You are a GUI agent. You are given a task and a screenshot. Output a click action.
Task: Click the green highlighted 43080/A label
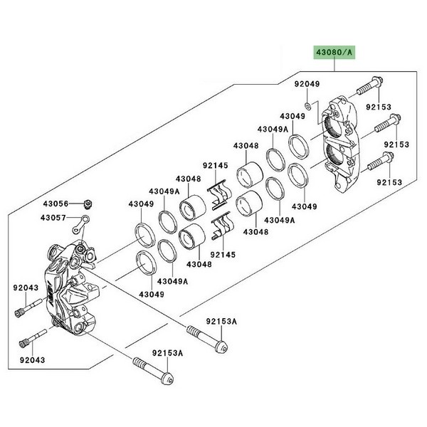pyautogui.click(x=331, y=53)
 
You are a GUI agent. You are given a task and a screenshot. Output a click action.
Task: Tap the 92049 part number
pyautogui.click(x=307, y=84)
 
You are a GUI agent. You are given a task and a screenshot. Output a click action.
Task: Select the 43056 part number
pyautogui.click(x=56, y=204)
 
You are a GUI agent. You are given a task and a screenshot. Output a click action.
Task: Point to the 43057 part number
pyautogui.click(x=56, y=217)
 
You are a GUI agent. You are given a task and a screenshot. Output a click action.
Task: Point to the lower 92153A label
pyautogui.click(x=167, y=353)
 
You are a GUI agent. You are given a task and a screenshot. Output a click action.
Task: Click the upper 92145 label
pyautogui.click(x=213, y=167)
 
